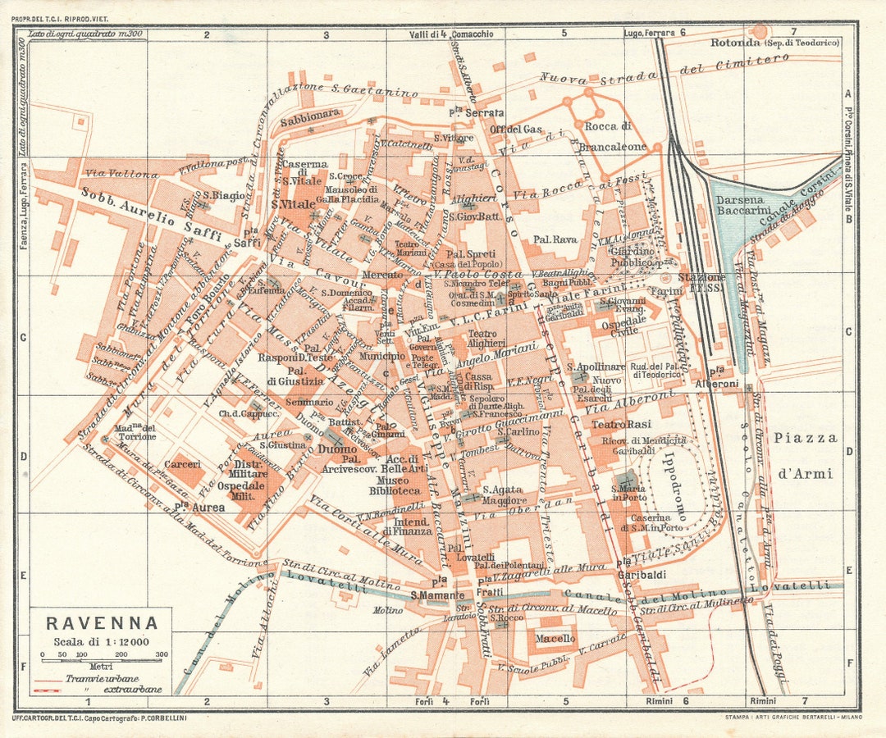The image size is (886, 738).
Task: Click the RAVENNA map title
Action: (102, 623)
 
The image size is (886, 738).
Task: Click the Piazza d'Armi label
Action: (805, 455)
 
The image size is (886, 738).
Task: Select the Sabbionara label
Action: (309, 116)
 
